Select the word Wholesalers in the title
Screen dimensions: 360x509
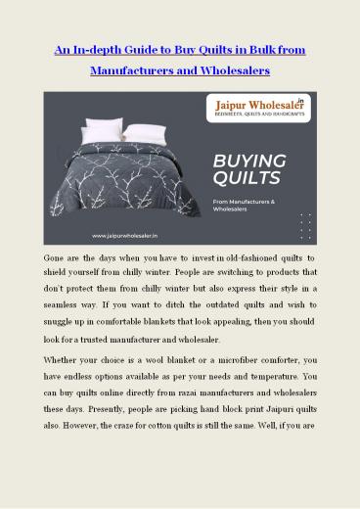(x=220, y=72)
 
